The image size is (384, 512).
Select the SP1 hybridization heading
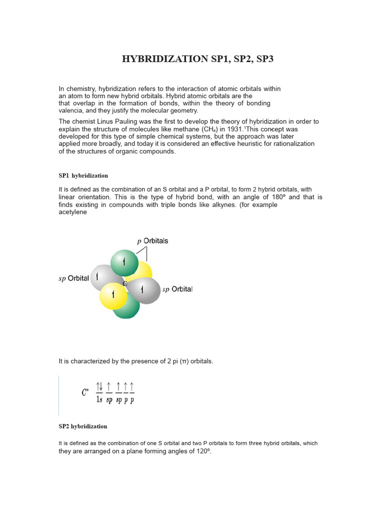[83, 175]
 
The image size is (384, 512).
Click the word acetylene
[73, 212]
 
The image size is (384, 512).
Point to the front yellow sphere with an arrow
[113, 295]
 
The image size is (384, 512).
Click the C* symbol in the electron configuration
[85, 393]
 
